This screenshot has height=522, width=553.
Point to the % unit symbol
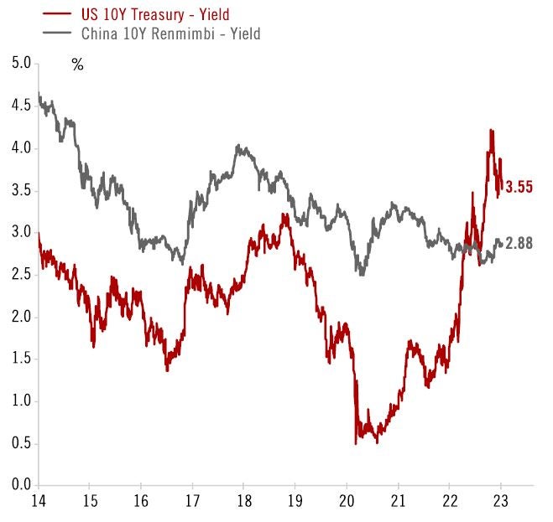click(77, 65)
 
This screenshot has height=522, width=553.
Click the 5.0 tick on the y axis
click(20, 63)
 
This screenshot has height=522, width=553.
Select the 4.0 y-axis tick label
click(20, 147)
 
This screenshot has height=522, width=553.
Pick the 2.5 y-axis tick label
click(20, 274)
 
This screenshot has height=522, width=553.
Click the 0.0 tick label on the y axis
click(20, 485)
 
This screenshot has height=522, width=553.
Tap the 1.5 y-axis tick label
click(20, 359)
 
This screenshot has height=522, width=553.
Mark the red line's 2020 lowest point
click(356, 442)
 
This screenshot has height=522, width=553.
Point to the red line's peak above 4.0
click(491, 131)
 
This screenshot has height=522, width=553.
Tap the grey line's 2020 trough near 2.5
click(361, 273)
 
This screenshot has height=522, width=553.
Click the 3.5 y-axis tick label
click(20, 189)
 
